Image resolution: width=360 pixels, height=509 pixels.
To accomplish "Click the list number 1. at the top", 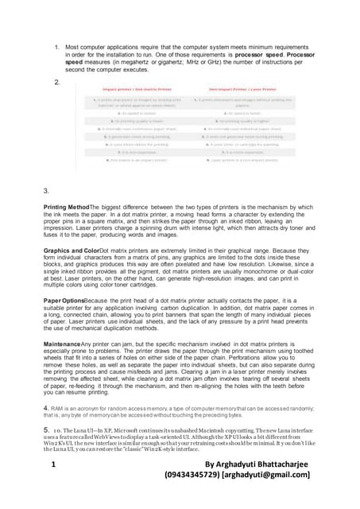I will [x=57, y=47].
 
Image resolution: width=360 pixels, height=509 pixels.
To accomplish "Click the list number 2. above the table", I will [x=57, y=83].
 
